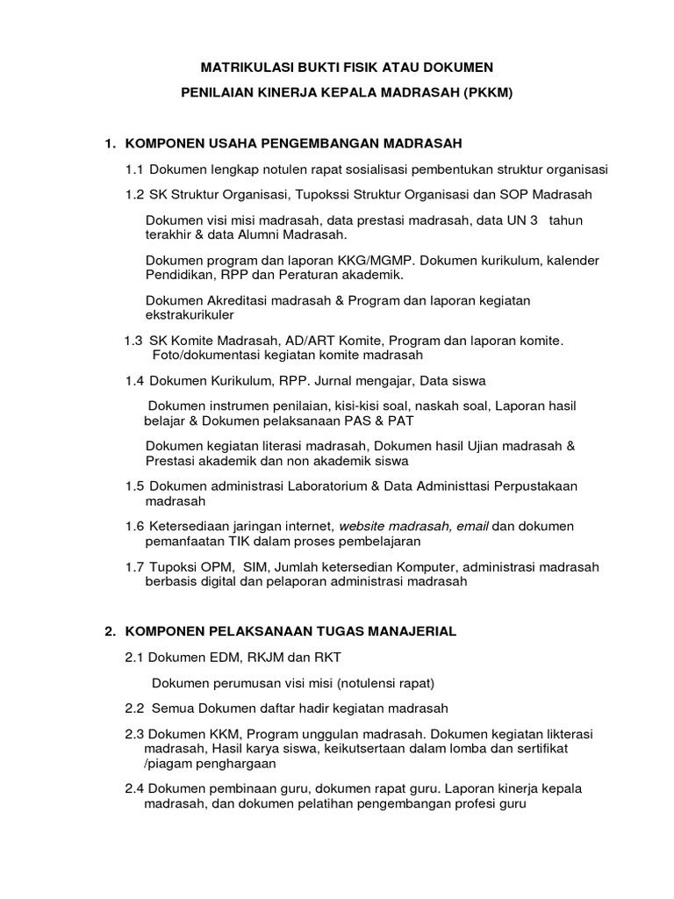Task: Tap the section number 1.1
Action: coord(135,169)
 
